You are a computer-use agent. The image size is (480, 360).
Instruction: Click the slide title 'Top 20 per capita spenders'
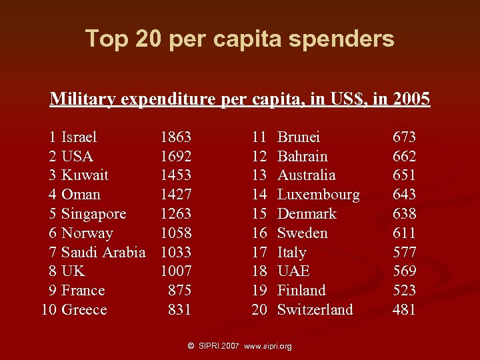pos(239,39)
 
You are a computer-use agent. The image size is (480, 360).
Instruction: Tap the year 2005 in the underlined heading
pos(411,99)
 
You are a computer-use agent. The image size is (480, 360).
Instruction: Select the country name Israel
pos(79,137)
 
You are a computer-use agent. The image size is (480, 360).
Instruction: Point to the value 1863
pos(175,137)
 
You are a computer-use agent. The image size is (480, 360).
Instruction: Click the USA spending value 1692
pos(175,157)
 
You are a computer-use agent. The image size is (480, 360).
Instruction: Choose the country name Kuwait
pos(85,175)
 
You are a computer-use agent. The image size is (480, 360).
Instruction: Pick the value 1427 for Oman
pos(175,195)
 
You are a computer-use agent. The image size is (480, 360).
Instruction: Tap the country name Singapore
pos(93,214)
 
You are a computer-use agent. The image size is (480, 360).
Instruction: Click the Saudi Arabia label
pos(103,252)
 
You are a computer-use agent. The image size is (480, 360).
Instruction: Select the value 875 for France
pos(179,291)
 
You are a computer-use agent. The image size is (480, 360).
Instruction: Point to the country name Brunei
pos(298,137)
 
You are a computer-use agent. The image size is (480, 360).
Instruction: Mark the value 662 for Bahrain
pos(404,157)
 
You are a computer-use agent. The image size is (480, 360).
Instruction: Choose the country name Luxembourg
pos(318,195)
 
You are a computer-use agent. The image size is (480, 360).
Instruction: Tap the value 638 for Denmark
pos(404,214)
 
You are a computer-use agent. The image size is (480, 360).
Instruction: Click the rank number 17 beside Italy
pos(259,252)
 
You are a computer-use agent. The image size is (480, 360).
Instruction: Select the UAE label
pos(293,271)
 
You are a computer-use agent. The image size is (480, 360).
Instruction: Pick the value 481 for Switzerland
pos(404,310)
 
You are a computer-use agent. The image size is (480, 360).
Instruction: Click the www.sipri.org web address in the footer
pos(268,347)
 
